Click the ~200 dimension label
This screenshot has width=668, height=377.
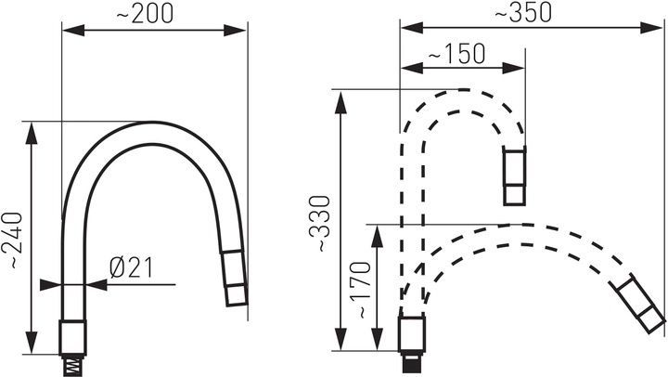tap(145, 14)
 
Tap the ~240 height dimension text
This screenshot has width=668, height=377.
tap(12, 240)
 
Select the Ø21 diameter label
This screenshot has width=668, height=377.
tap(131, 267)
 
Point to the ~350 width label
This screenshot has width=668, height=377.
tap(523, 13)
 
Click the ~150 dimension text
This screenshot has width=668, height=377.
tap(456, 54)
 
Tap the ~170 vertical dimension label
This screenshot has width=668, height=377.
tap(361, 290)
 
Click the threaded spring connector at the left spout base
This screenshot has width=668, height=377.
tap(73, 365)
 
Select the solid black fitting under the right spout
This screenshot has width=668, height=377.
tap(412, 361)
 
